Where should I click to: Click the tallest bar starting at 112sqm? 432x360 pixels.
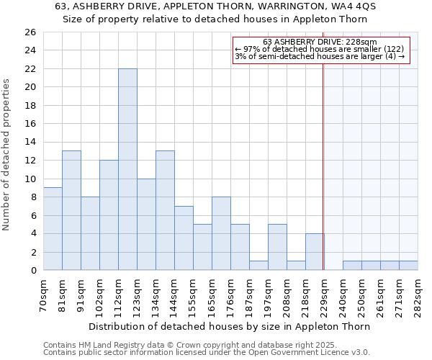click(127, 169)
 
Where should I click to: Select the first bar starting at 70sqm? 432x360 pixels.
click(53, 228)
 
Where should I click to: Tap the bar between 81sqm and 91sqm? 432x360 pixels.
click(71, 210)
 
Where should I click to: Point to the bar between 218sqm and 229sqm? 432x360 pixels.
click(315, 251)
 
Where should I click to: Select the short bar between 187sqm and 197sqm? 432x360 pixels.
click(258, 265)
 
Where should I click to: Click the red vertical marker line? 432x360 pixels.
click(323, 166)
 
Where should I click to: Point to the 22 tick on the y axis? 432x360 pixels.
click(30, 69)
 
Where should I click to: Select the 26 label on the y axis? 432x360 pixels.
click(30, 32)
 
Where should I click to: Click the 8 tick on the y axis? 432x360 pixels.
click(32, 197)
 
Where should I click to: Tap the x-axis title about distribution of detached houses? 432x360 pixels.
click(230, 326)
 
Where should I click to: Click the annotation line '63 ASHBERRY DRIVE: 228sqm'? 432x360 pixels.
click(320, 42)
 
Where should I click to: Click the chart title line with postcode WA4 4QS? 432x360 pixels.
click(215, 6)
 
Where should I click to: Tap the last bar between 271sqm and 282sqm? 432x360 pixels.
click(408, 265)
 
